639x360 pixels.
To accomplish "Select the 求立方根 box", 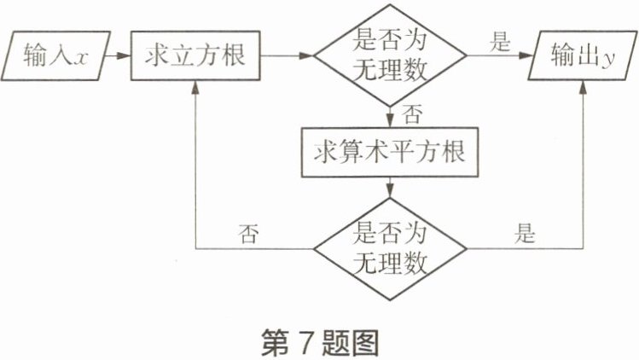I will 195,56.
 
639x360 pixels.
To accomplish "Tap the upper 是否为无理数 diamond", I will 390,56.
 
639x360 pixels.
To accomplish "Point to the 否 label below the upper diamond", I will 411,113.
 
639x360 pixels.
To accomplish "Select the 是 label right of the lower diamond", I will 526,233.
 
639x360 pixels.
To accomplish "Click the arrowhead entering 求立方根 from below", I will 196,86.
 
